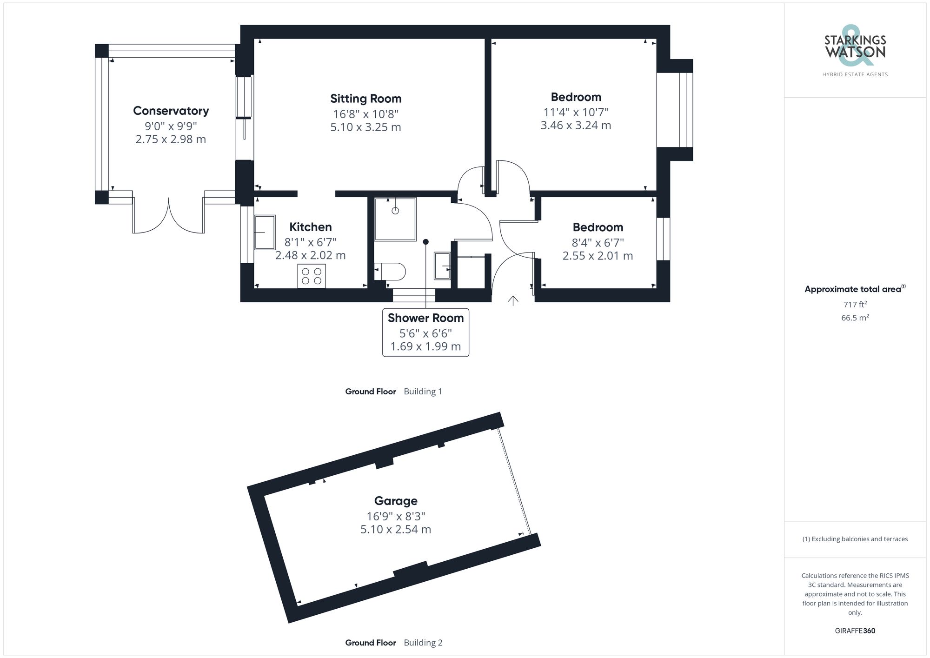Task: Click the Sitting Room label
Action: tap(365, 99)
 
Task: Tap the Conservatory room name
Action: tap(171, 111)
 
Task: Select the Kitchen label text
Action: tap(310, 227)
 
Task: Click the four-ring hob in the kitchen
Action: tap(312, 276)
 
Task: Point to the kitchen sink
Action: tap(265, 232)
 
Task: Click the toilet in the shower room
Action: tap(391, 272)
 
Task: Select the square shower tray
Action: tap(395, 219)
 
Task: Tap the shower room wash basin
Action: tap(442, 266)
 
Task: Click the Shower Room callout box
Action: tap(425, 332)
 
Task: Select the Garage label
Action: tap(396, 501)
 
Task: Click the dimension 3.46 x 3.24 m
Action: tap(576, 126)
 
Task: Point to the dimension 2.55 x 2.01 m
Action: tap(598, 256)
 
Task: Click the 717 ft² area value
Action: tap(855, 305)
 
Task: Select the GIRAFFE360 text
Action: tap(855, 631)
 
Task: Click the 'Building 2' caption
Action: tap(423, 643)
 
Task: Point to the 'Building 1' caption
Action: tap(422, 392)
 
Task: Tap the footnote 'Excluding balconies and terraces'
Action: tap(855, 539)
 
